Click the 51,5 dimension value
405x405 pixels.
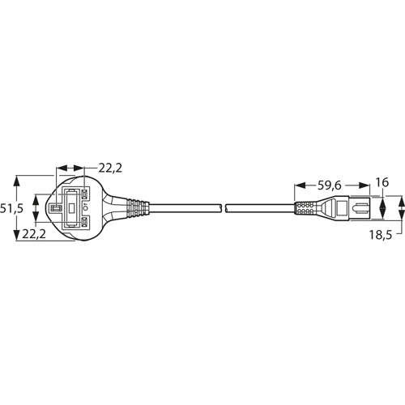(x=11, y=207)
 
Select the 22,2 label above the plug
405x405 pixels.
(x=111, y=168)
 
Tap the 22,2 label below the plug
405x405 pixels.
(x=34, y=234)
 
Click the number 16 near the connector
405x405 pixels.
(x=383, y=182)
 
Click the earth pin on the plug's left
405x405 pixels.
(x=58, y=208)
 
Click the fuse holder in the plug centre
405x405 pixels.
(x=74, y=208)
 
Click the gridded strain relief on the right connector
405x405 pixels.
(x=307, y=207)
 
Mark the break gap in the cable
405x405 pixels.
(x=224, y=208)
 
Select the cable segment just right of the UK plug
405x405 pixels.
(x=186, y=208)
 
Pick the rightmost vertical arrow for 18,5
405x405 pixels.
(x=403, y=207)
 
